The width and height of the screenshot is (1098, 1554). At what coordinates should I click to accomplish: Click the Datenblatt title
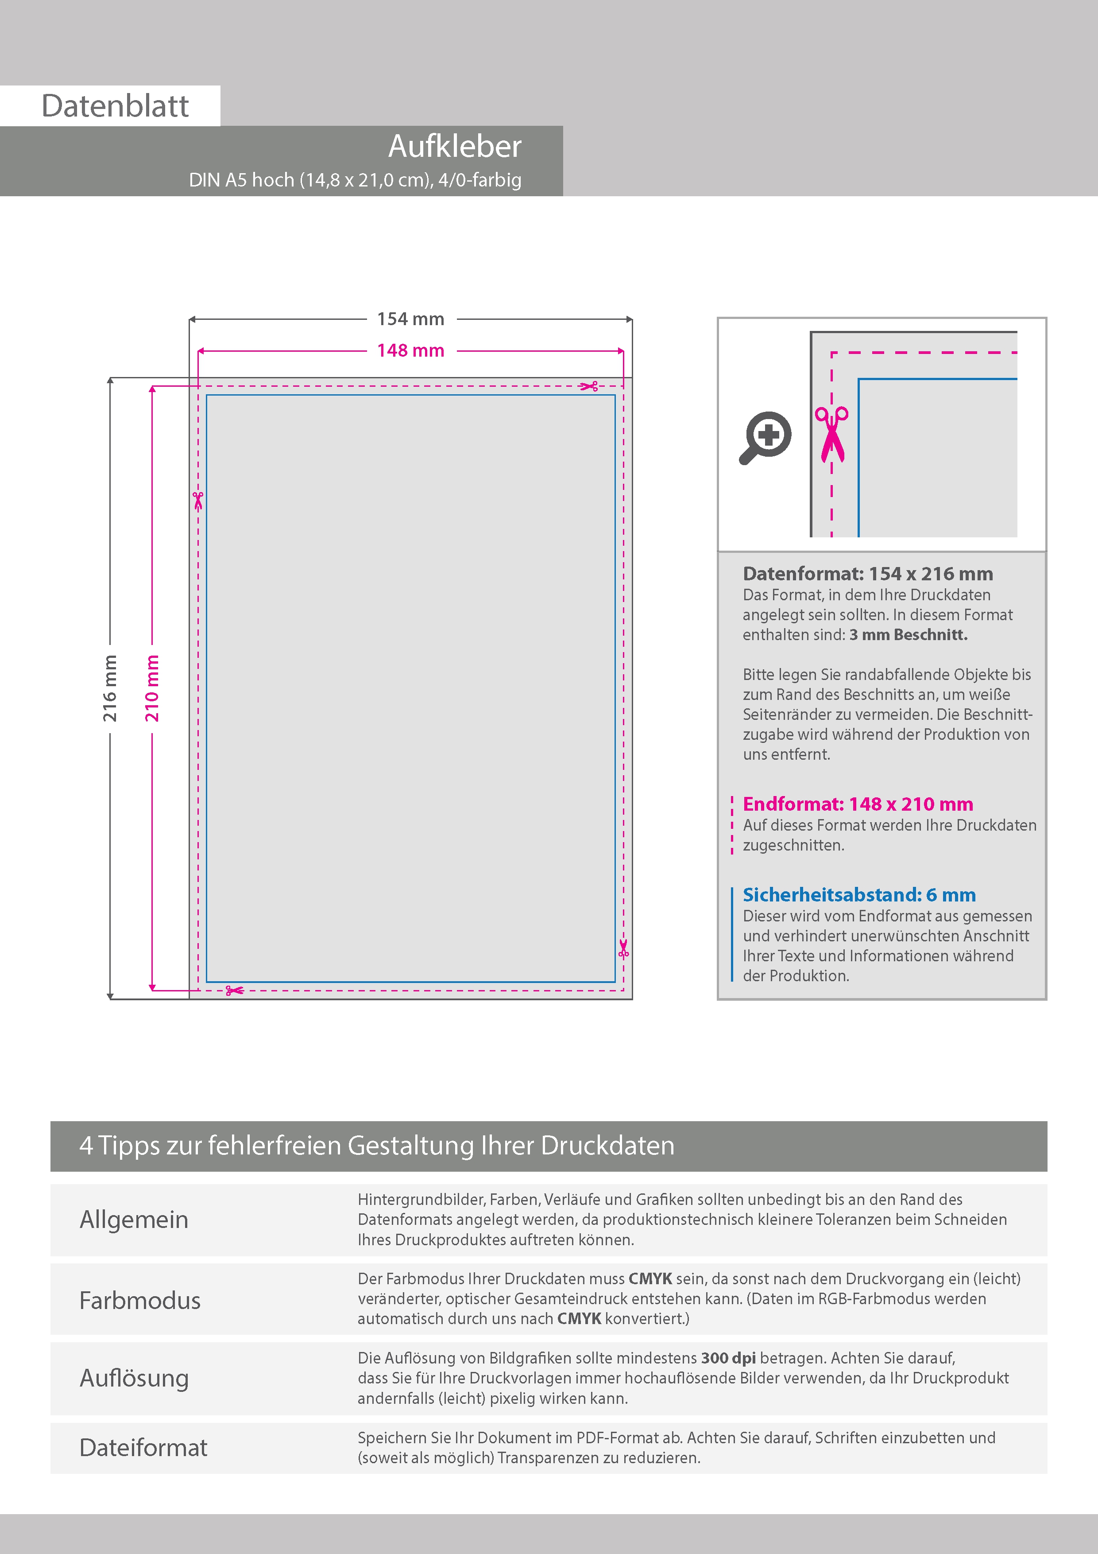[x=115, y=106]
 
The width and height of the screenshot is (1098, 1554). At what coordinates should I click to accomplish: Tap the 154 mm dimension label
[x=411, y=319]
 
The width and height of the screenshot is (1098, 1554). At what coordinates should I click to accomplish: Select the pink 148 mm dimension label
[x=411, y=350]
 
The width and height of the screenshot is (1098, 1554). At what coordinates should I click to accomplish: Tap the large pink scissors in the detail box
[x=831, y=434]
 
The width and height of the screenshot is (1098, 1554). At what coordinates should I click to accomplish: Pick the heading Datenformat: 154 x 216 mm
[x=867, y=574]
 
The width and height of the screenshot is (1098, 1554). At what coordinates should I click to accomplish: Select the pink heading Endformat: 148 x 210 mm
[x=857, y=804]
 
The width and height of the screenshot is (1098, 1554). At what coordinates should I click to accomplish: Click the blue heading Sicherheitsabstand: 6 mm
[x=858, y=895]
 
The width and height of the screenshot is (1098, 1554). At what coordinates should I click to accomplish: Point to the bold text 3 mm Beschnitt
[x=908, y=635]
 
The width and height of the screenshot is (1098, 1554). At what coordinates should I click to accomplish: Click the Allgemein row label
[x=134, y=1220]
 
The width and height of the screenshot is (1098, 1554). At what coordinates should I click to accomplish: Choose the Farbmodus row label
[x=140, y=1300]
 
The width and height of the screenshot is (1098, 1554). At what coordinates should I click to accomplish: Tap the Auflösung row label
[x=134, y=1378]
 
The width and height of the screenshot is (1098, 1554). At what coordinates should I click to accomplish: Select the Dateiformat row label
[x=143, y=1448]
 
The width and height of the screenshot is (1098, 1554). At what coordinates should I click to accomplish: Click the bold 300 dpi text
[x=728, y=1358]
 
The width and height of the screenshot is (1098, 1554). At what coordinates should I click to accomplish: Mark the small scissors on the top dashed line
[x=588, y=386]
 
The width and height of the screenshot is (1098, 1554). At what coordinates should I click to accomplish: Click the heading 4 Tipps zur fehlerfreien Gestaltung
[x=377, y=1146]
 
